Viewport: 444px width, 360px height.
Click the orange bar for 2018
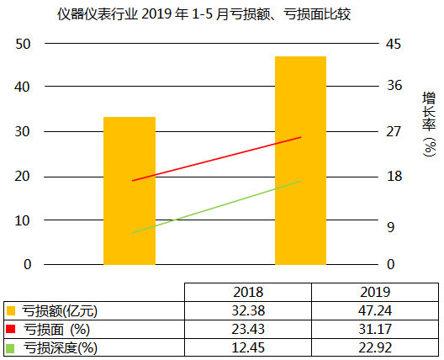(129, 190)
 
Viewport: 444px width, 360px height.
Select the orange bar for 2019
(300, 160)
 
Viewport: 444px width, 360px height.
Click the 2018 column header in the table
(247, 292)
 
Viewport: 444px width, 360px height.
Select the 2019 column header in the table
(374, 292)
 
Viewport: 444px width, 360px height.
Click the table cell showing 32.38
(247, 310)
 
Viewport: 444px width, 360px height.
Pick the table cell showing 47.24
(374, 310)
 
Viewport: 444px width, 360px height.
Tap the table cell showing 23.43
(247, 328)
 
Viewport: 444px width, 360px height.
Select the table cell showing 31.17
(374, 328)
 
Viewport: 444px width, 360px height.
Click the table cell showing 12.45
(247, 347)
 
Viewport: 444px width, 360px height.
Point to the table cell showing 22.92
(374, 347)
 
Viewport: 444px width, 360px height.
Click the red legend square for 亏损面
(10, 328)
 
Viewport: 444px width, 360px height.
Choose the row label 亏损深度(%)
(59, 347)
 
